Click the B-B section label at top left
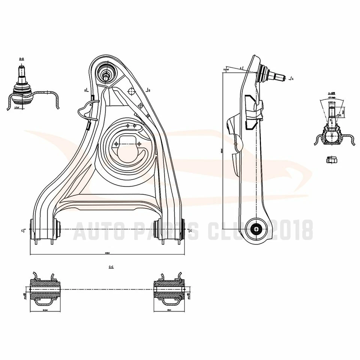pos(21,59)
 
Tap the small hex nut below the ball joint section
pos(331,160)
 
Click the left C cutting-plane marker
pos(24,230)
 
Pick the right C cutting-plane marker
pos(190,230)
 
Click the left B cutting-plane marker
pos(86,90)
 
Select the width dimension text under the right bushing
pos(169,310)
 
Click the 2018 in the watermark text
pos(293,230)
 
